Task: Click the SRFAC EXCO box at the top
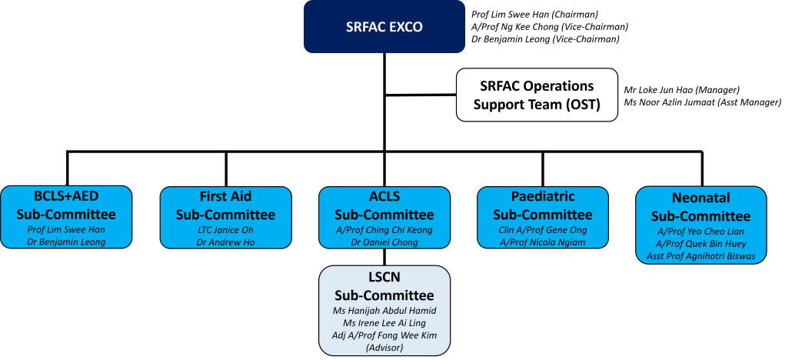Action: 384,27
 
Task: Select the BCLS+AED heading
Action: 66,195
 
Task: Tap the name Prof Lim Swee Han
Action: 66,229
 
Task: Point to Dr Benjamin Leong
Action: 66,242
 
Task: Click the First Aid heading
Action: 225,196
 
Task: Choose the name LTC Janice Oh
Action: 225,229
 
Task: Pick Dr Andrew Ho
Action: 225,242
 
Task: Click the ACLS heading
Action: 384,196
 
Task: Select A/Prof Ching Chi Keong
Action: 384,229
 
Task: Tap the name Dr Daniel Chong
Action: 384,242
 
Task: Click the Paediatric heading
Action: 543,196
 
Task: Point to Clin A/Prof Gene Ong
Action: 543,229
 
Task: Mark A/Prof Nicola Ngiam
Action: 543,242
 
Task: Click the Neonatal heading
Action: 701,198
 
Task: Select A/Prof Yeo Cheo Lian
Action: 701,231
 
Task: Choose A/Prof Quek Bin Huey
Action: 701,243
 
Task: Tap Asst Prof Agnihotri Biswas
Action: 701,255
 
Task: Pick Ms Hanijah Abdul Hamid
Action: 384,310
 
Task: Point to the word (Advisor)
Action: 384,347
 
